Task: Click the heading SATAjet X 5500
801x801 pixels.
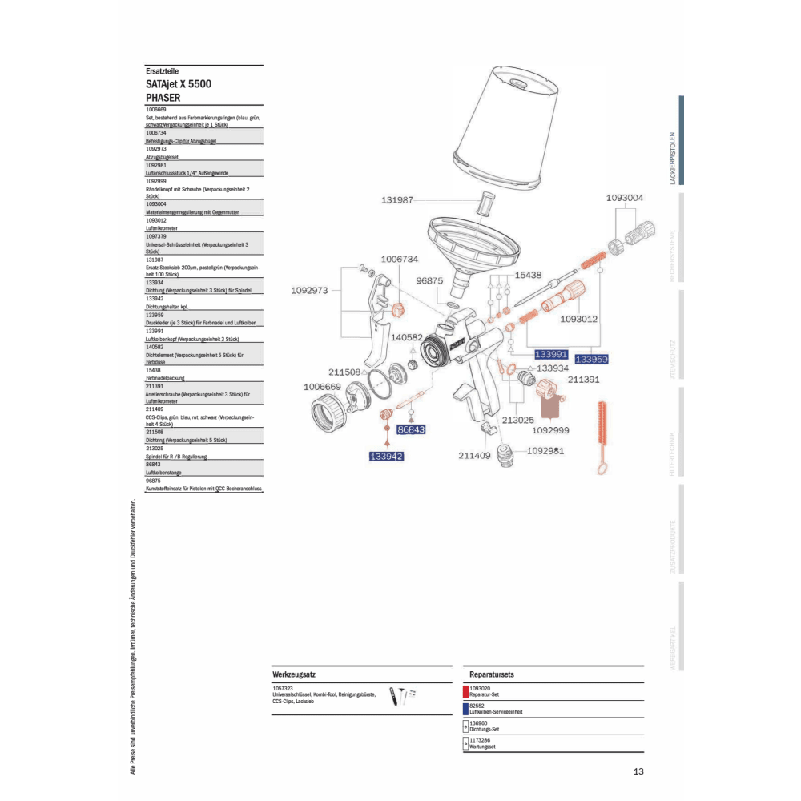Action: (x=179, y=83)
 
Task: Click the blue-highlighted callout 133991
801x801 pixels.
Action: (x=551, y=353)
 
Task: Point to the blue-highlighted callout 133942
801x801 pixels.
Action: (x=386, y=457)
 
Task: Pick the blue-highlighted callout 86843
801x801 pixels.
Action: (x=411, y=429)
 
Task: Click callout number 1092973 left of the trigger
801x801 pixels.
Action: (x=309, y=291)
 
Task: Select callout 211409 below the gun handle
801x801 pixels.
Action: (x=474, y=456)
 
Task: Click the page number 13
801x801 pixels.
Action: (x=638, y=772)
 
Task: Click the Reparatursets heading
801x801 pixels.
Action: (x=492, y=675)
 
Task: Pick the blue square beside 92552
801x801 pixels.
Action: (x=465, y=708)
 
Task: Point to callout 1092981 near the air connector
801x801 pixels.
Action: (x=545, y=451)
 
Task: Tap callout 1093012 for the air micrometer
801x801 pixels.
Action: (x=579, y=319)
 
